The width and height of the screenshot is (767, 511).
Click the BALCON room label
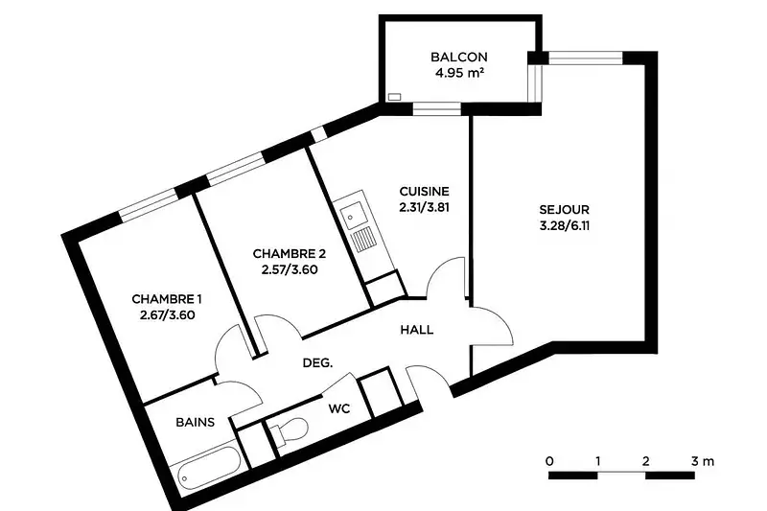(x=459, y=57)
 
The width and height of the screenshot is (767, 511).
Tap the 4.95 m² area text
(x=459, y=74)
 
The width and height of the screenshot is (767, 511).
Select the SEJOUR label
(x=564, y=210)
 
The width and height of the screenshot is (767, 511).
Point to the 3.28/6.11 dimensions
(x=564, y=226)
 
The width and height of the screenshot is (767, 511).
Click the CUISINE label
(x=424, y=191)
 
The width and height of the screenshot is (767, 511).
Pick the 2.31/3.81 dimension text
(x=424, y=207)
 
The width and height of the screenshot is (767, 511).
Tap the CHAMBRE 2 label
(x=290, y=254)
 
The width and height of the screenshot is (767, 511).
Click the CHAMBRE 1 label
(x=167, y=299)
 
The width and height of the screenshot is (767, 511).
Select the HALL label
(x=417, y=330)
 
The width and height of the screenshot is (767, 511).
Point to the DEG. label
(x=317, y=363)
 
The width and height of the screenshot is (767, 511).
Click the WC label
(x=339, y=408)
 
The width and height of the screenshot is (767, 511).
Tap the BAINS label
(x=196, y=422)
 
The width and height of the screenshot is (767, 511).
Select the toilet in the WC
(x=290, y=431)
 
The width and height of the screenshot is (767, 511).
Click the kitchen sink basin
(x=351, y=215)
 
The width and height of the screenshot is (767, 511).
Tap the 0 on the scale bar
(x=549, y=461)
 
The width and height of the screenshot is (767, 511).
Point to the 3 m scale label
(x=703, y=461)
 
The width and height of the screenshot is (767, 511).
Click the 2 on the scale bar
(x=645, y=461)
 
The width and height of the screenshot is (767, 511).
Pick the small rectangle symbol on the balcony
(x=394, y=97)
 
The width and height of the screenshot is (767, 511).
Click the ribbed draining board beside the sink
(x=363, y=241)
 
